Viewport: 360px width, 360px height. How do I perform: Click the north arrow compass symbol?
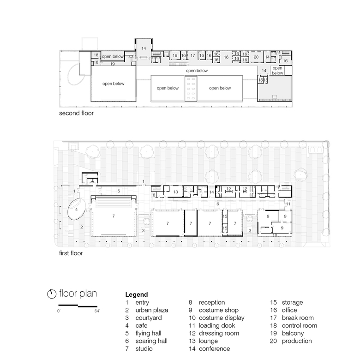point(52,294)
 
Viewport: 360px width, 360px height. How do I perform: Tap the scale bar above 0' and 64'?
point(78,306)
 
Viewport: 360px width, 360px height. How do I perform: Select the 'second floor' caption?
point(76,113)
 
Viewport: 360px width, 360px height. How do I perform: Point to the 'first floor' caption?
point(71,253)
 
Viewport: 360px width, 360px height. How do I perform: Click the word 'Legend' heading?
point(137,294)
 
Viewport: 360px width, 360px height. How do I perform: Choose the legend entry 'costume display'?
point(216,318)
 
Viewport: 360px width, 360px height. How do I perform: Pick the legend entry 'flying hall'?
point(143,333)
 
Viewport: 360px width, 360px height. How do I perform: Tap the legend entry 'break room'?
point(292,318)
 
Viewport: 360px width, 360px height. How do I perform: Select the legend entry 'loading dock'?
point(212,325)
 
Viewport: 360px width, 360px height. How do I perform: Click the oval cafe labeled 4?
point(77,210)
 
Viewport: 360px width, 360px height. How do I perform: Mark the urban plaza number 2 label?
point(82,227)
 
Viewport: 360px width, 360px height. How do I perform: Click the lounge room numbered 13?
point(175,192)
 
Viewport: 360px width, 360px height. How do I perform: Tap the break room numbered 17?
point(192,55)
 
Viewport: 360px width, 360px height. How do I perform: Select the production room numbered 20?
point(256,57)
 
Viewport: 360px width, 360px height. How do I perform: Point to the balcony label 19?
point(112,64)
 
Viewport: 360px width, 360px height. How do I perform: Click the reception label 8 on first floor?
point(154,195)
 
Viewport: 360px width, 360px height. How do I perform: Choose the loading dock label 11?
point(288,204)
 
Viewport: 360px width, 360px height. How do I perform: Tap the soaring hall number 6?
point(218,204)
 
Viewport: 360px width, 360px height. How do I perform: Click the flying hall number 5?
point(119,191)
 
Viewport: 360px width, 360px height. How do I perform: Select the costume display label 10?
point(275,235)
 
